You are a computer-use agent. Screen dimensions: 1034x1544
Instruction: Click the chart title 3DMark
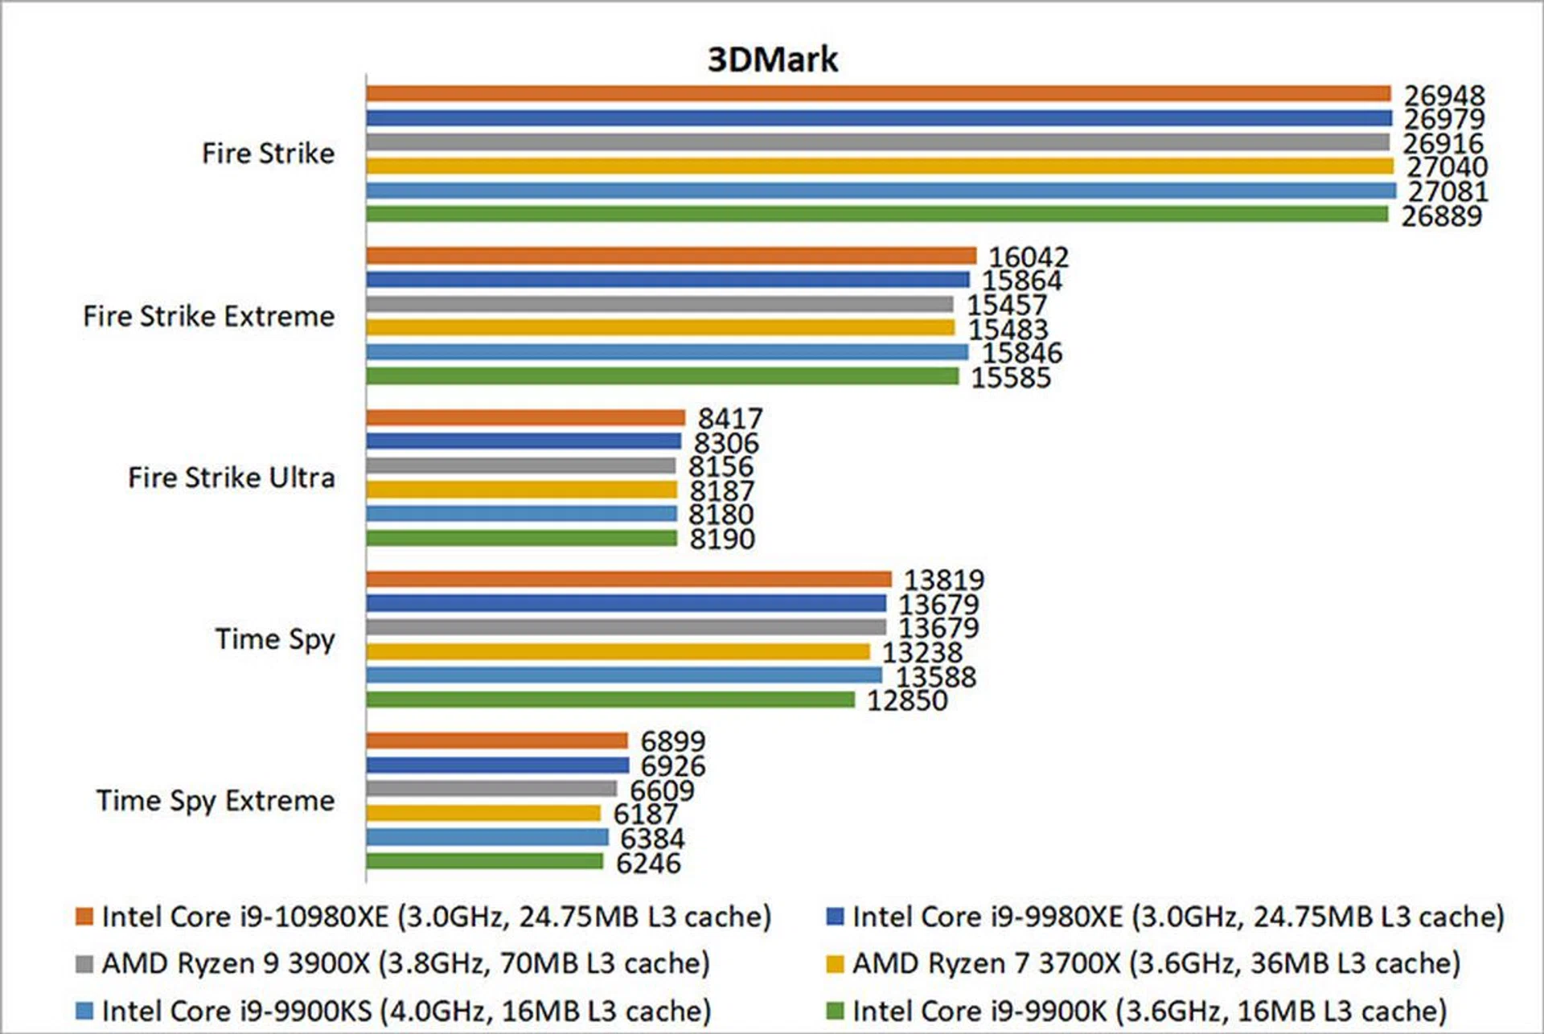click(x=772, y=59)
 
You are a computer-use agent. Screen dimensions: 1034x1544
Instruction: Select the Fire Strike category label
click(x=268, y=154)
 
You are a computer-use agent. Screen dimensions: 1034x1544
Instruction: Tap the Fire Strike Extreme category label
click(x=208, y=316)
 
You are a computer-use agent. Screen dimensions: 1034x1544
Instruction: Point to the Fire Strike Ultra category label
click(x=231, y=478)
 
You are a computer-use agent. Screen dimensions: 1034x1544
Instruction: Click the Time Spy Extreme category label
click(x=215, y=801)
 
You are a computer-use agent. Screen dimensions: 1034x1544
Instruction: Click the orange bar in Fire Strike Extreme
click(x=671, y=256)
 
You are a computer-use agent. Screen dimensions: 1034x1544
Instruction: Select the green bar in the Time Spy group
click(x=610, y=700)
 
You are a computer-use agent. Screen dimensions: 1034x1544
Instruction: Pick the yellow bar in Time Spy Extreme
click(x=482, y=813)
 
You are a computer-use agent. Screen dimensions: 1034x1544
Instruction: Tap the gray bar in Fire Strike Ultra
click(x=520, y=466)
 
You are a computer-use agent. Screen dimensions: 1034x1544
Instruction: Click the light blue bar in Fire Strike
click(x=881, y=191)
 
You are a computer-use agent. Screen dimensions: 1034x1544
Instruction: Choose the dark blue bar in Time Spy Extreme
click(x=497, y=765)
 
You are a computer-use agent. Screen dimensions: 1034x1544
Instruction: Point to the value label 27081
click(x=1447, y=191)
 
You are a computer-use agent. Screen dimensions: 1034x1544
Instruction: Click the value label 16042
click(x=1029, y=257)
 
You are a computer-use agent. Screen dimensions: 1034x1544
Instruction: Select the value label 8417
click(x=729, y=418)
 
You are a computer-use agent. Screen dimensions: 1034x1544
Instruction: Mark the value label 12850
click(x=906, y=700)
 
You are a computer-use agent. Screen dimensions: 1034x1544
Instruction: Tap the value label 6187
click(x=645, y=814)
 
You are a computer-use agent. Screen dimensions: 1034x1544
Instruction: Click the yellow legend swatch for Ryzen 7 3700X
click(x=835, y=963)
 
